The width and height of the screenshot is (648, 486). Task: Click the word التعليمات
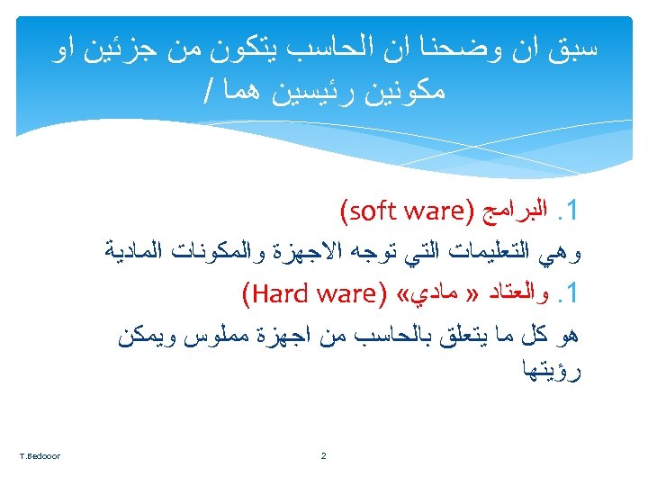(x=502, y=253)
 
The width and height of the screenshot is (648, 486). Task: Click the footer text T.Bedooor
(x=37, y=456)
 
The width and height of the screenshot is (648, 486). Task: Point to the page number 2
(x=324, y=456)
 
